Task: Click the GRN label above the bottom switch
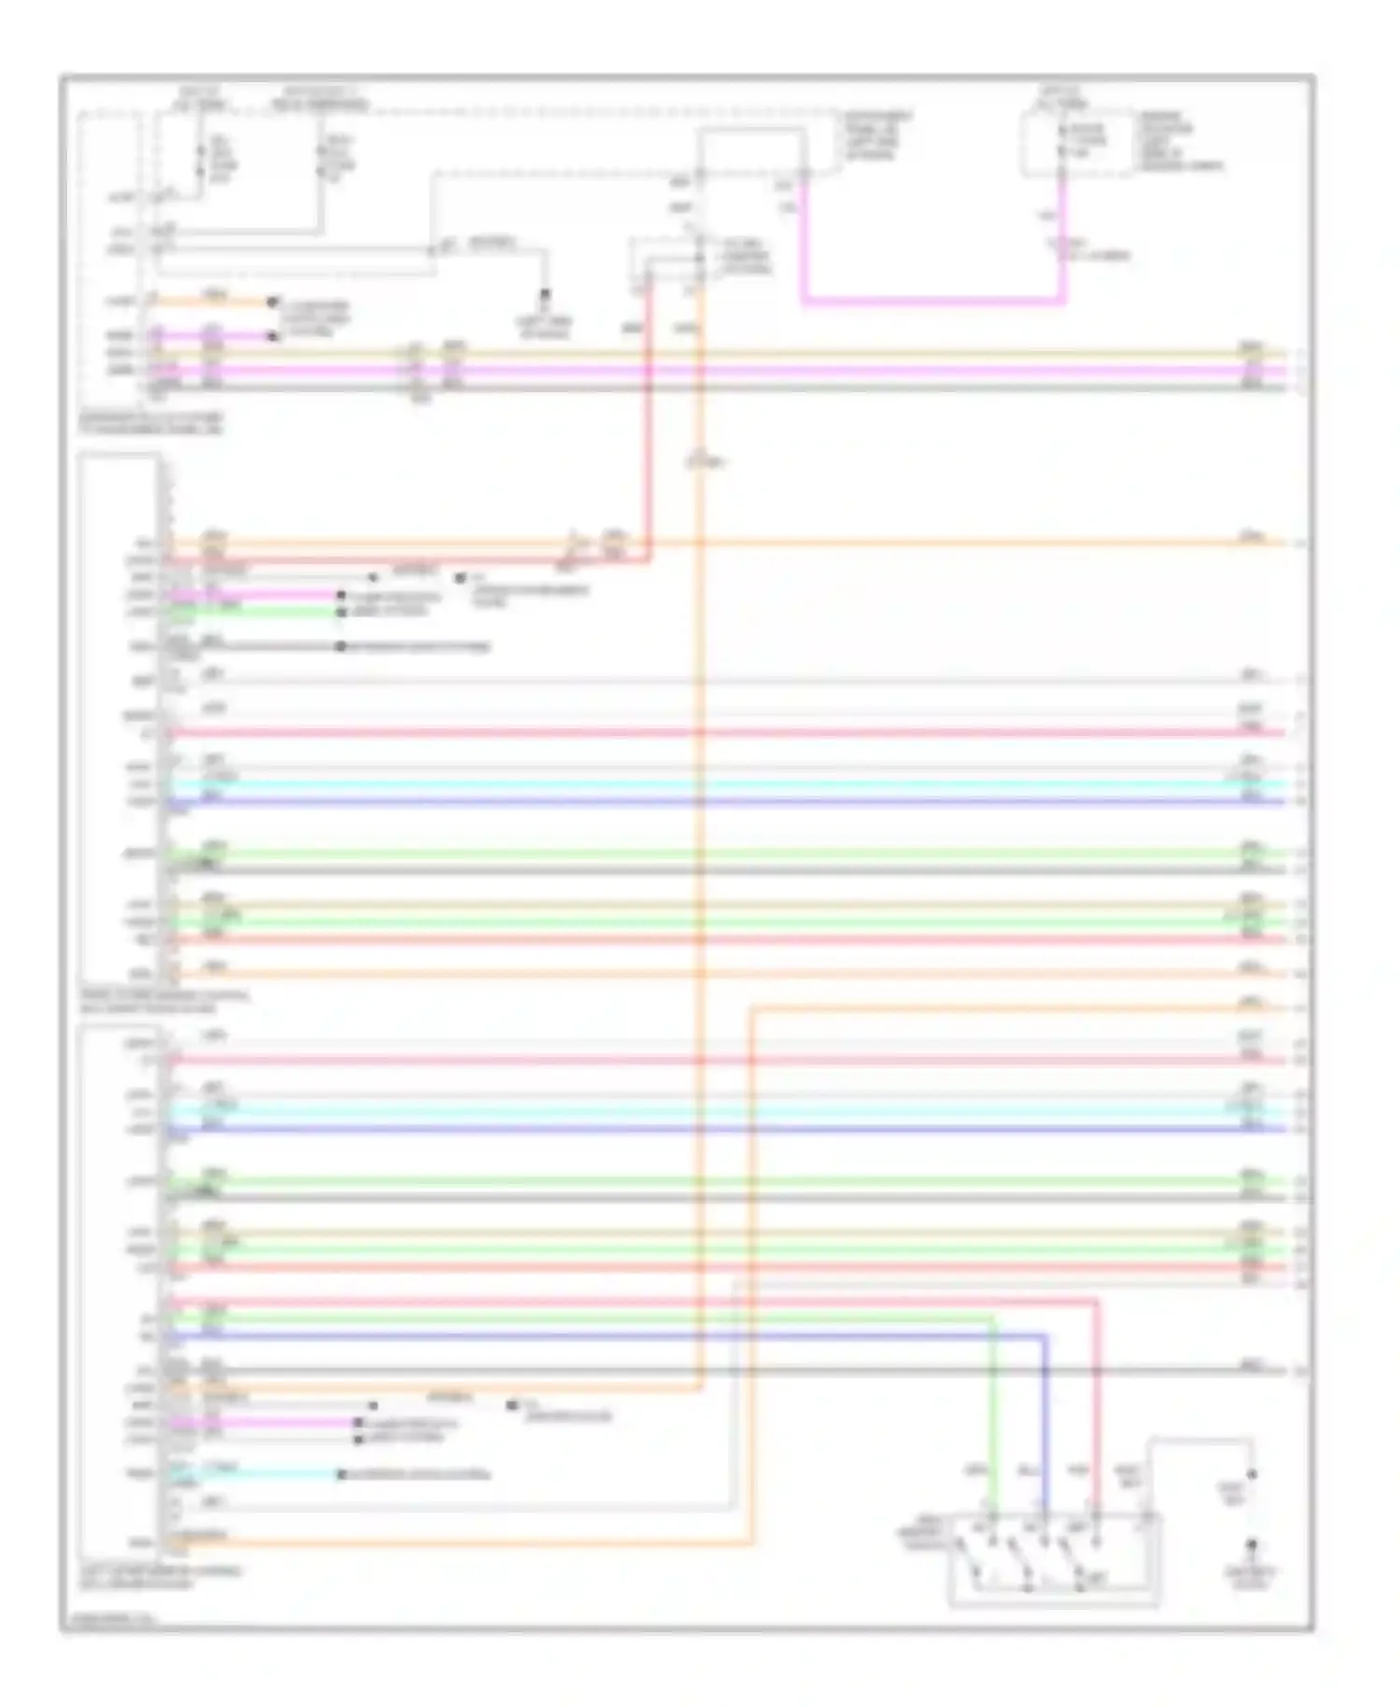click(x=975, y=1471)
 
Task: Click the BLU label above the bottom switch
click(x=1028, y=1471)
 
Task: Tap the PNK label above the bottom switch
click(x=1079, y=1471)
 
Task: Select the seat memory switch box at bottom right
click(x=1055, y=1559)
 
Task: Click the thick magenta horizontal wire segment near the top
click(x=933, y=301)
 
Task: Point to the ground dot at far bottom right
click(x=1252, y=1545)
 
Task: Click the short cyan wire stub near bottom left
click(x=252, y=1474)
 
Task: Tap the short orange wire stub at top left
click(x=215, y=302)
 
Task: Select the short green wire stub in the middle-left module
click(x=252, y=612)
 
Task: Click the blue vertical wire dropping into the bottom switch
click(x=1044, y=1419)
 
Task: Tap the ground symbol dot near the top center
click(x=545, y=294)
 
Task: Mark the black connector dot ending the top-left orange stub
click(x=273, y=302)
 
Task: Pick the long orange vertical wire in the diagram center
click(x=700, y=840)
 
